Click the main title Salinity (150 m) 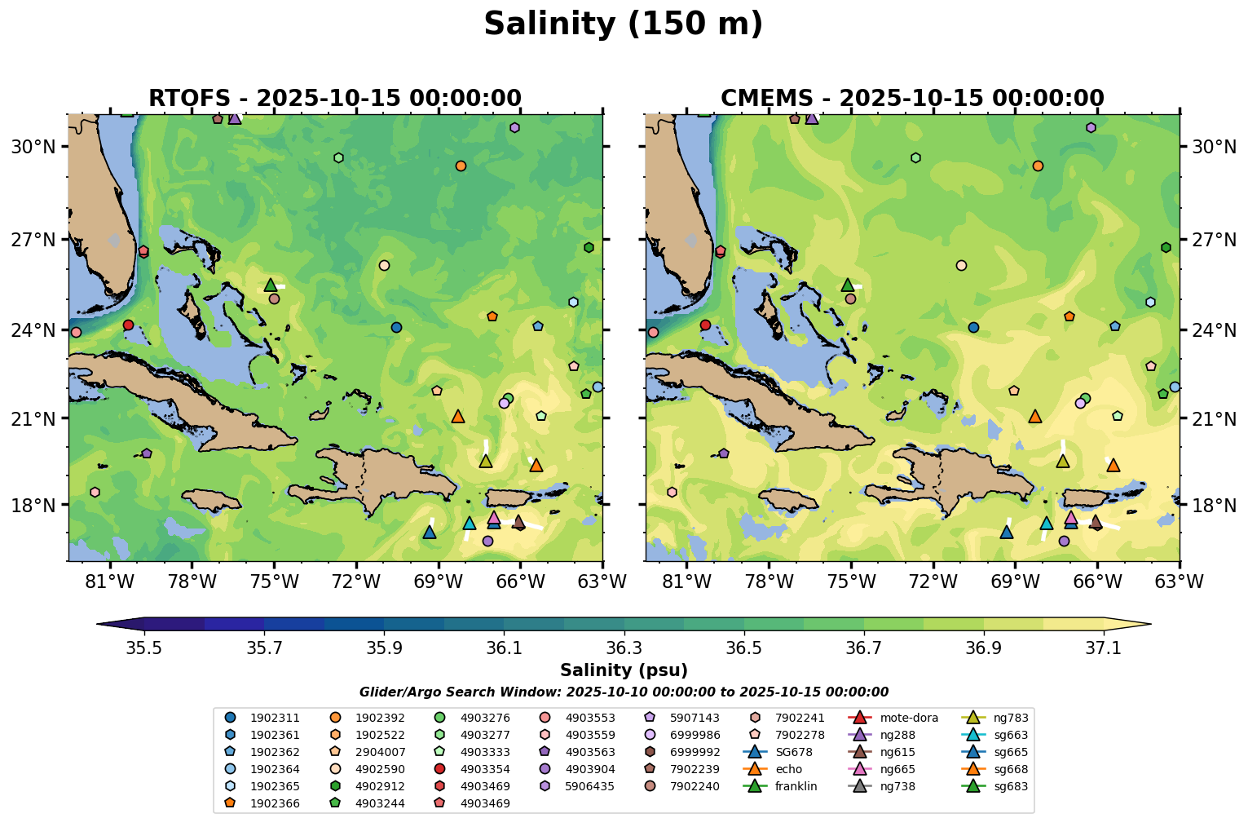pos(623,24)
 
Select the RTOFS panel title pos(334,99)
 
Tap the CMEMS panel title pos(912,99)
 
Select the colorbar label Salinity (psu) pos(624,670)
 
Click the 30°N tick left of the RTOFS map pos(36,147)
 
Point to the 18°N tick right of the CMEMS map pos(1209,505)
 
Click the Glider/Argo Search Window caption pos(624,692)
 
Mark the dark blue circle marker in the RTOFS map pos(396,327)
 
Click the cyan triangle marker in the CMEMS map pos(1047,523)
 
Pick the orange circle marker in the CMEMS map pos(1038,166)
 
